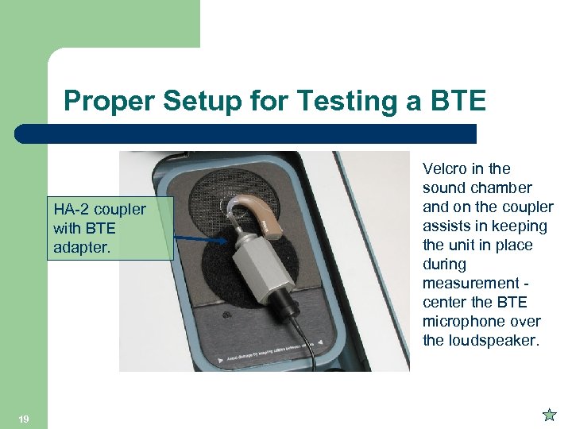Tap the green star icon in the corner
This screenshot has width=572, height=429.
tap(548, 414)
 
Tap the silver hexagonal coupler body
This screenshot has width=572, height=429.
tap(253, 262)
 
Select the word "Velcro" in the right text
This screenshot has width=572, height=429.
tap(445, 168)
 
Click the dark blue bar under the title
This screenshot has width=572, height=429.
tap(246, 133)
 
